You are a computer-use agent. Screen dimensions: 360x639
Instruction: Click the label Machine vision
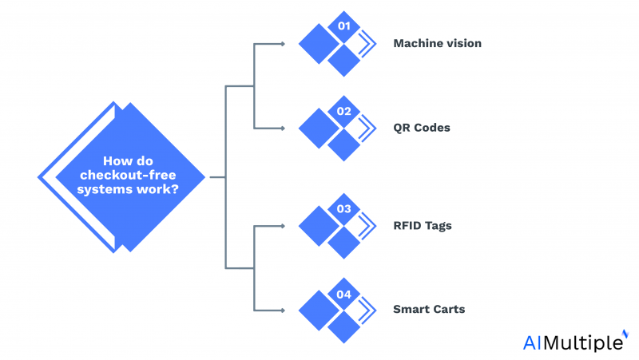(437, 43)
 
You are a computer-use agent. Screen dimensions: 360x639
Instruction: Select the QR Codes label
(422, 128)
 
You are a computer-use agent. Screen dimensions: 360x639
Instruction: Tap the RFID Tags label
(423, 225)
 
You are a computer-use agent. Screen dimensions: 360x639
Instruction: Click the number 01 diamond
(344, 27)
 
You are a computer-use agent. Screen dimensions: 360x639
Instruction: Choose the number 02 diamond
(344, 112)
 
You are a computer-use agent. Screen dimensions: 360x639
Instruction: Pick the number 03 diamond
(344, 209)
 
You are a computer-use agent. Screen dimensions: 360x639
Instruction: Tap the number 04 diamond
(344, 294)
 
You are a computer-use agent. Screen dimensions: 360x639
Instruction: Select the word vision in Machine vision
(464, 43)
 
